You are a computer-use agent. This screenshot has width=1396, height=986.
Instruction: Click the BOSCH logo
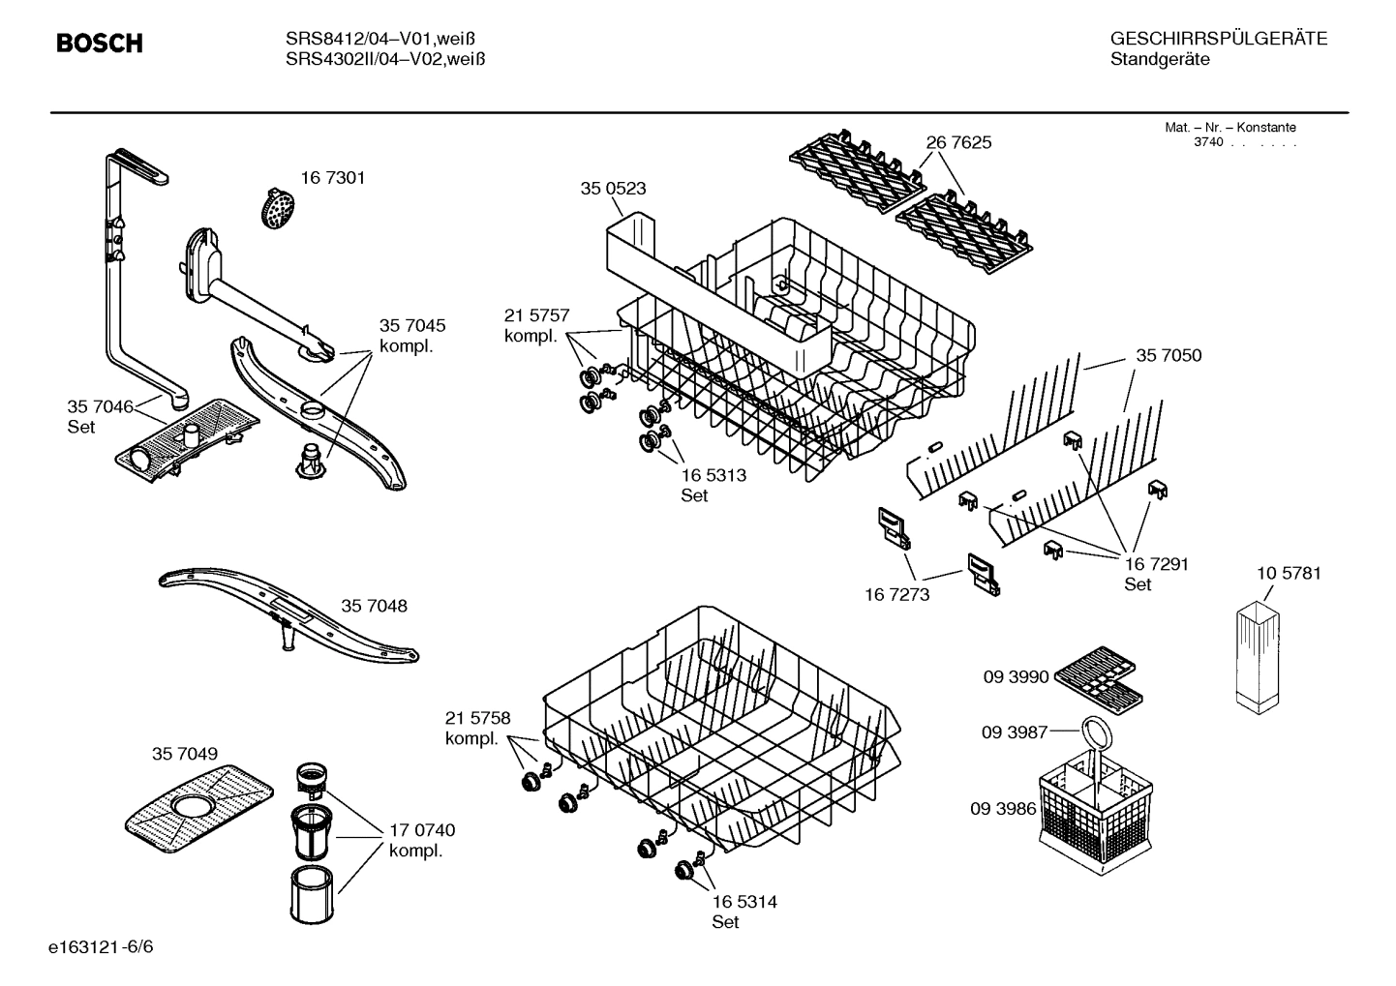tap(100, 44)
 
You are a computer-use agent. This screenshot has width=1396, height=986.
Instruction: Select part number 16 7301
tap(332, 178)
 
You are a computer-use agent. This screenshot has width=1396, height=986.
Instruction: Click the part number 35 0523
tap(613, 189)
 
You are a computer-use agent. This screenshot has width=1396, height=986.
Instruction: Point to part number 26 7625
tap(958, 142)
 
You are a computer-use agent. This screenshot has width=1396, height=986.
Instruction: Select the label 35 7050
tap(1168, 356)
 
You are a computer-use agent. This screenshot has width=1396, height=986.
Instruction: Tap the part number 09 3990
tap(1016, 677)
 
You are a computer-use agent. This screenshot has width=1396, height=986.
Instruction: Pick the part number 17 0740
tap(422, 830)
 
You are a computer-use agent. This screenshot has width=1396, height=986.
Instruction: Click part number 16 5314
tap(744, 902)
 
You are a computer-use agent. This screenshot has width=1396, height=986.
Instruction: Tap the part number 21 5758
tap(477, 718)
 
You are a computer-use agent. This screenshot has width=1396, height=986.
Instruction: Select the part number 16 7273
tap(896, 594)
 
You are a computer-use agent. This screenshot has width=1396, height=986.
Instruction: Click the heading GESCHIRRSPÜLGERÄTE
tap(1218, 39)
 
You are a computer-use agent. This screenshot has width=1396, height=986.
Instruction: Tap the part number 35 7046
tap(100, 406)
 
